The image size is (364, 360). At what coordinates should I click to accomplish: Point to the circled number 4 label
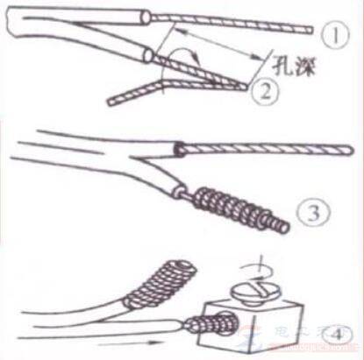(335, 331)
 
